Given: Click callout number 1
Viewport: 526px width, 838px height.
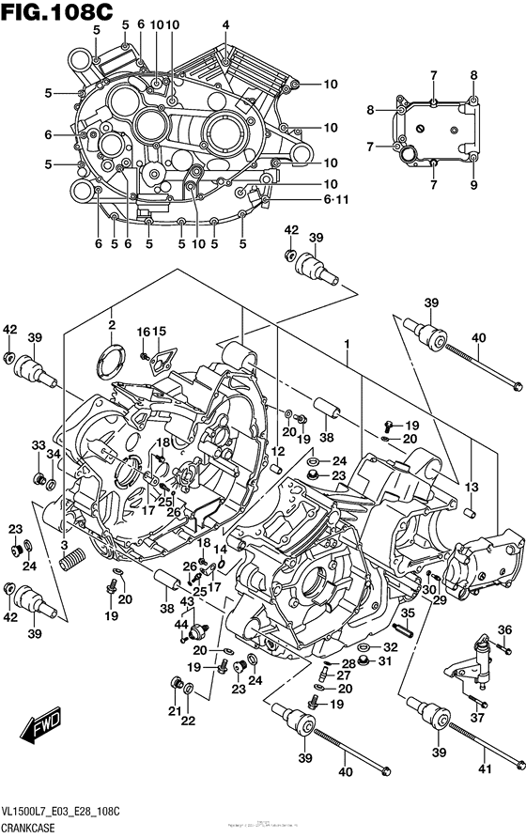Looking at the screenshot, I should coord(347,346).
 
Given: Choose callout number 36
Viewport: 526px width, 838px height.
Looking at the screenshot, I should coord(503,629).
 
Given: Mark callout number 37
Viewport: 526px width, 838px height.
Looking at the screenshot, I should coord(477,719).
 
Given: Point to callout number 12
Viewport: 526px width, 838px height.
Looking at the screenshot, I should coord(278,452).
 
